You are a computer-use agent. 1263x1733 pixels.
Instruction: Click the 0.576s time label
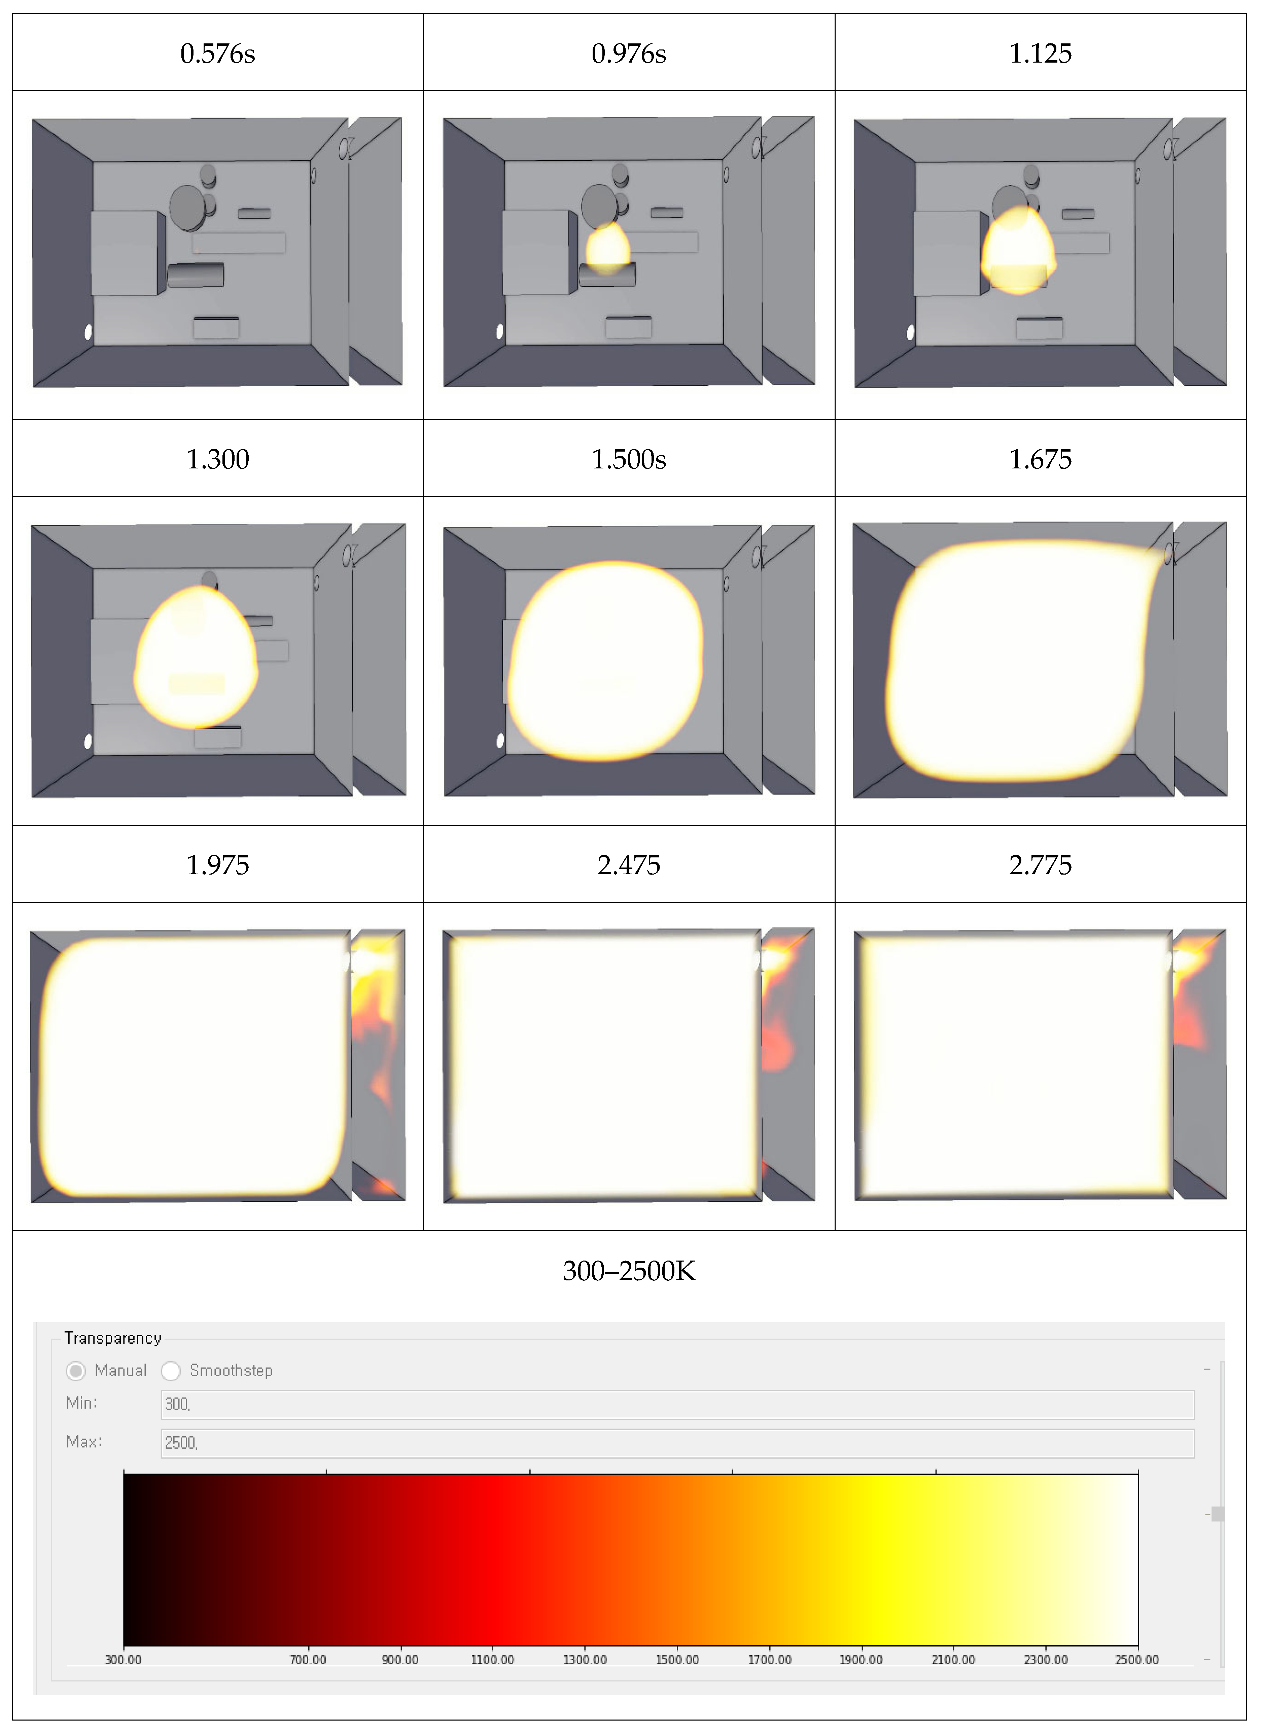pos(218,54)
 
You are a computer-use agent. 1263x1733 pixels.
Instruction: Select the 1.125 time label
pos(1041,54)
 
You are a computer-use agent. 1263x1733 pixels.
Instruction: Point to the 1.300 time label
pos(218,459)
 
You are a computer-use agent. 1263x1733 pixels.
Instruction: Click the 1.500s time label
pos(629,459)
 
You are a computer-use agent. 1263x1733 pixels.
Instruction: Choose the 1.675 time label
pos(1041,459)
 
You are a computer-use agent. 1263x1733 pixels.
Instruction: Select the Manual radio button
pos(76,1371)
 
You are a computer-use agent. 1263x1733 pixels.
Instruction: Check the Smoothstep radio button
pos(171,1371)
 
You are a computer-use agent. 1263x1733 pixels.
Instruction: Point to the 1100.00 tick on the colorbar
pos(492,1660)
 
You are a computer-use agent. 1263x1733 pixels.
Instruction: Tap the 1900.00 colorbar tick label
pos(861,1660)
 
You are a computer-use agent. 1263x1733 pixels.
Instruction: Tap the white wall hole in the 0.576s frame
pos(89,332)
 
